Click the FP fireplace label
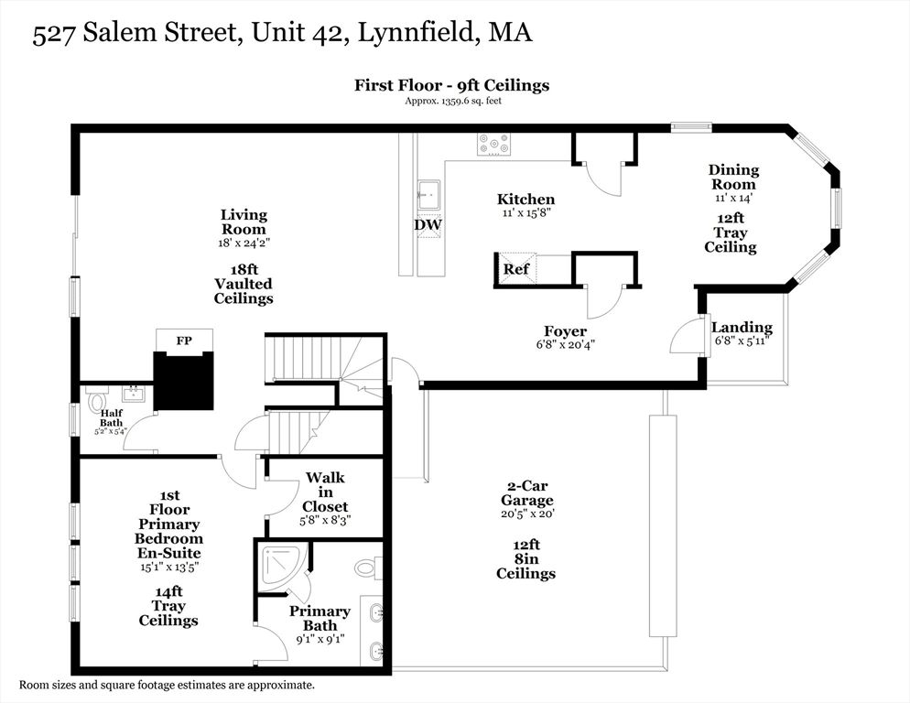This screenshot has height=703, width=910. [183, 340]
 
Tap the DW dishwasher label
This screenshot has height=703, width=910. [428, 224]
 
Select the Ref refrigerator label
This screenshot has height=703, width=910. [515, 270]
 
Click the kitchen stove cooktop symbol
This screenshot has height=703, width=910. [494, 144]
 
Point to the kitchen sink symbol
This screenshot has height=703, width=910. [428, 195]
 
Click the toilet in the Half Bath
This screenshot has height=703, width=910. [96, 401]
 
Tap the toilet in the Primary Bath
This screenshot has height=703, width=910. [366, 568]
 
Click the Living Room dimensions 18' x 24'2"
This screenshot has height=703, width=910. [244, 243]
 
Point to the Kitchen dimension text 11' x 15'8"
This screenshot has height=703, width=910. [525, 212]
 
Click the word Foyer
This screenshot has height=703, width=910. [564, 331]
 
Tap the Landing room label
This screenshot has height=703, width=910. [742, 327]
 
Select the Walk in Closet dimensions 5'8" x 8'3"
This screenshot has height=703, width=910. [325, 519]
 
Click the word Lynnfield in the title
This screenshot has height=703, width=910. [424, 34]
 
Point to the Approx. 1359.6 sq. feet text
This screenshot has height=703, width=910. [452, 101]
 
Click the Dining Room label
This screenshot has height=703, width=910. [733, 177]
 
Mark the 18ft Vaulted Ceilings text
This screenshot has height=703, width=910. [244, 285]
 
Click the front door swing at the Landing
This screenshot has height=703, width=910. [685, 339]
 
